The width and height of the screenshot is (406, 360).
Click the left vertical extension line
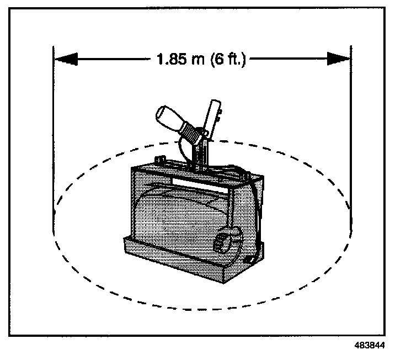pyautogui.click(x=54, y=138)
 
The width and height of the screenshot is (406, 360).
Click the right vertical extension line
pyautogui.click(x=351, y=138)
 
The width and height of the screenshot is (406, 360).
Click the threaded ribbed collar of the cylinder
pyautogui.click(x=190, y=133)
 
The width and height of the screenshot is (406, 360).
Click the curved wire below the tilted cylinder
pyautogui.click(x=179, y=149)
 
